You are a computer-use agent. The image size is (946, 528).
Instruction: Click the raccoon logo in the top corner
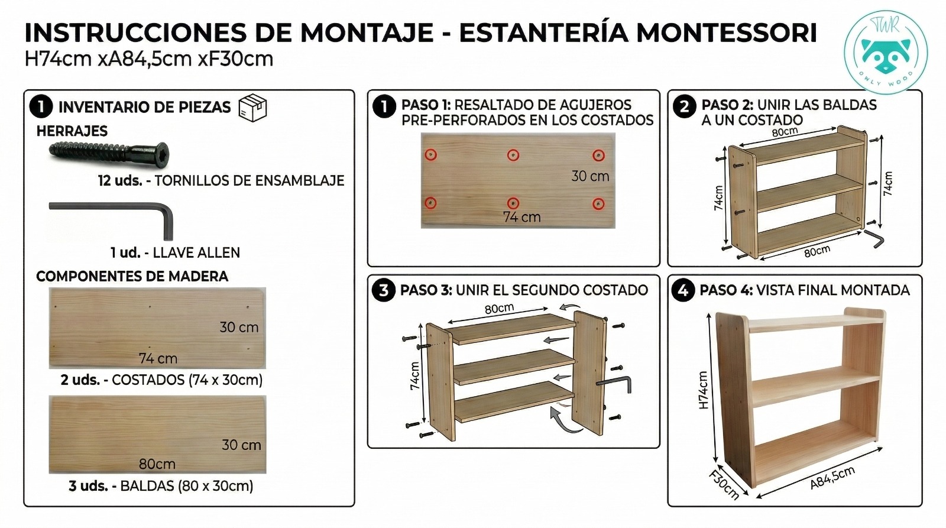[886, 53]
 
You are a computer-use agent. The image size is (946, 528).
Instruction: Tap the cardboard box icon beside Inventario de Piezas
[252, 108]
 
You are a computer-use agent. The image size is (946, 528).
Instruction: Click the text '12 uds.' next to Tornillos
[120, 181]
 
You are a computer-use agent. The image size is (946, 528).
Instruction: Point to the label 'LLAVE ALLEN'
[196, 252]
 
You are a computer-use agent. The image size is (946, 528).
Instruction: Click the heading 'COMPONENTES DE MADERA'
[132, 276]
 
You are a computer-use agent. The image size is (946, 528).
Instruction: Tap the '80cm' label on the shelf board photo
[157, 464]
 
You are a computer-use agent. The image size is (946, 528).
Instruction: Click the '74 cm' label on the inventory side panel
[158, 359]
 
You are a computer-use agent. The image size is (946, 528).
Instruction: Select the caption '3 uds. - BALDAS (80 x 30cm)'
[161, 486]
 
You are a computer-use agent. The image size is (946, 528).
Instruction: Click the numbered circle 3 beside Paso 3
[384, 290]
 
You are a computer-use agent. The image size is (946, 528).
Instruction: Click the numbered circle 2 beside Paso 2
[684, 106]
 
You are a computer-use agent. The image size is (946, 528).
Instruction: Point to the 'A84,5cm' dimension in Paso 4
[832, 478]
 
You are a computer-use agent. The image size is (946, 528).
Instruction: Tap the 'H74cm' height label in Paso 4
[703, 390]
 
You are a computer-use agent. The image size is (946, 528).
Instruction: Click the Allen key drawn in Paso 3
[614, 384]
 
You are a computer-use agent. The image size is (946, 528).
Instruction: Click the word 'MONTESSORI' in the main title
[727, 33]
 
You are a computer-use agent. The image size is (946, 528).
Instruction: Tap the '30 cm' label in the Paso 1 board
[590, 176]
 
